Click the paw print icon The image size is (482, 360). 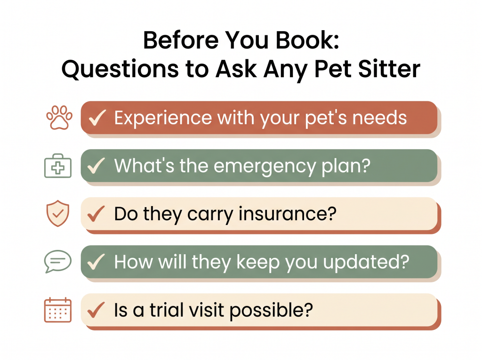(59, 118)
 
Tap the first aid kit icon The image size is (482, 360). (58, 166)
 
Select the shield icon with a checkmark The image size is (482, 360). (58, 213)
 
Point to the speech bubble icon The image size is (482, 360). (58, 261)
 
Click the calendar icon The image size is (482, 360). (58, 310)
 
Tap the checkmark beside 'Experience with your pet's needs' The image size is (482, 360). (97, 118)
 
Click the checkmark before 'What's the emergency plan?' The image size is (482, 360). (96, 166)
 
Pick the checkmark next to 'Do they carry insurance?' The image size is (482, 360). (96, 214)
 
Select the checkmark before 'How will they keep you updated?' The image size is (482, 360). (96, 262)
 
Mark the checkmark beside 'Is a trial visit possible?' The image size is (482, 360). (96, 310)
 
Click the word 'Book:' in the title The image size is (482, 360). (307, 40)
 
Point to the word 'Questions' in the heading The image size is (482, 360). (120, 69)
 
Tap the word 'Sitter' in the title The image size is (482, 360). (389, 69)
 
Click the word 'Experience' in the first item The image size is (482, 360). (163, 119)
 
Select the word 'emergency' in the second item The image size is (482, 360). (265, 167)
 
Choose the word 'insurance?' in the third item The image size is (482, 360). (288, 214)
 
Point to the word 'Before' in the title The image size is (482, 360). (181, 40)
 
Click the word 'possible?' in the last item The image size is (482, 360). (271, 311)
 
